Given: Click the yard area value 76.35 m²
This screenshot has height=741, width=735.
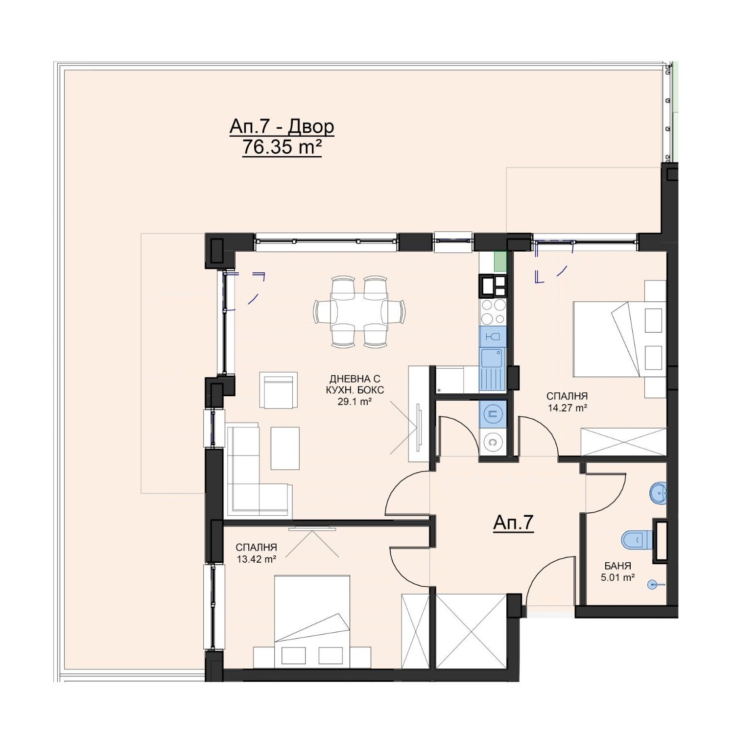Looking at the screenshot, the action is point(282,147).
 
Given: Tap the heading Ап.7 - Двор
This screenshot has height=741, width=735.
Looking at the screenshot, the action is point(282,126).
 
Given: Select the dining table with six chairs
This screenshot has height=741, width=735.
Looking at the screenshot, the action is point(360,311).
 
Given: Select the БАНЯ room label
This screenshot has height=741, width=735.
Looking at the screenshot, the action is point(618,565).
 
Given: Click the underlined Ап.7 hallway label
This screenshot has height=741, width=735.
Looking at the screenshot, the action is point(513,523).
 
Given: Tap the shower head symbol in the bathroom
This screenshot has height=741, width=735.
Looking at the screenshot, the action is point(654,584).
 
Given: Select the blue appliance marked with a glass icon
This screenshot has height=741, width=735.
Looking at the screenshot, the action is point(493,337).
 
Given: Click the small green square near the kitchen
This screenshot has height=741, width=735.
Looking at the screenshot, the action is point(499,261).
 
